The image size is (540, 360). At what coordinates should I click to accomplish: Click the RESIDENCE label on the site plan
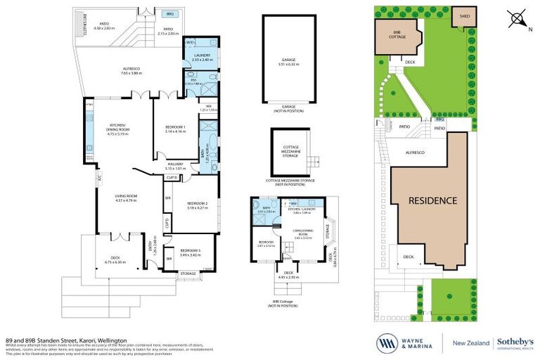tap(433, 200)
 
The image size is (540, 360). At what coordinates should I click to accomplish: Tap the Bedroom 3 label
tap(191, 252)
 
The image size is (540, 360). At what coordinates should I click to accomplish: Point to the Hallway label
tap(175, 166)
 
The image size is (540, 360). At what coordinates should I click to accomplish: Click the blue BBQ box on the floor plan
tap(169, 13)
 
